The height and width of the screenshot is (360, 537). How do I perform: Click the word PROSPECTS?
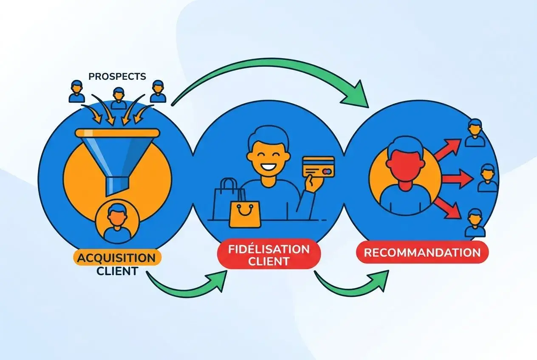tap(117, 77)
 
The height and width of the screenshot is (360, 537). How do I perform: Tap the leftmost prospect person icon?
tap(76, 92)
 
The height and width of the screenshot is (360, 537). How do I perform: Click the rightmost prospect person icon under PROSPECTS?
tap(158, 91)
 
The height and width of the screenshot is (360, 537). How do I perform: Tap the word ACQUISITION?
tap(117, 258)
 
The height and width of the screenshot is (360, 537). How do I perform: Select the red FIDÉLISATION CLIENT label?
tap(268, 255)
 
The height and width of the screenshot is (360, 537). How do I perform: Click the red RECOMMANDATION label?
tap(422, 253)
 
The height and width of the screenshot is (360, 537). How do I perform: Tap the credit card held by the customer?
tap(318, 168)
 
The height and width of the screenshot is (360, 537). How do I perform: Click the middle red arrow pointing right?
tap(457, 179)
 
